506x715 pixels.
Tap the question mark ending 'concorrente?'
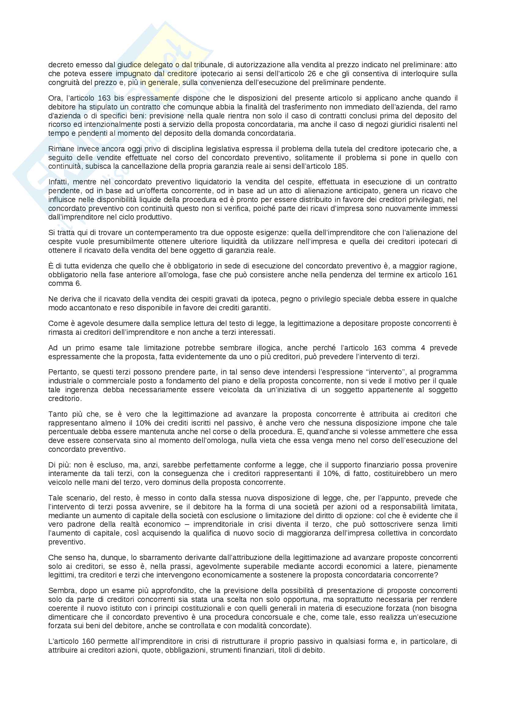coord(436,575)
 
